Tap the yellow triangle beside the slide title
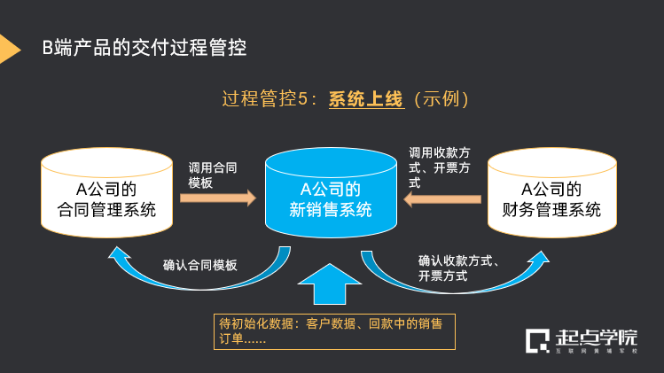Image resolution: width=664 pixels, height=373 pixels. (9, 48)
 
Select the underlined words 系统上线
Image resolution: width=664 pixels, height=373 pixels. (366, 99)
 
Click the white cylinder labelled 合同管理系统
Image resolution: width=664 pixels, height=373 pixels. (105, 199)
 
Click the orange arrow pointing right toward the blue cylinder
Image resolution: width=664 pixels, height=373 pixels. (217, 198)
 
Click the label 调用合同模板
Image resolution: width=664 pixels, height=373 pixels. (213, 175)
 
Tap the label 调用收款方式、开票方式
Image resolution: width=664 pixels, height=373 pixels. (444, 167)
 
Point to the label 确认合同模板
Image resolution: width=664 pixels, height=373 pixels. (199, 264)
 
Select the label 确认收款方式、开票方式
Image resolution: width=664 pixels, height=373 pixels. (460, 268)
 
